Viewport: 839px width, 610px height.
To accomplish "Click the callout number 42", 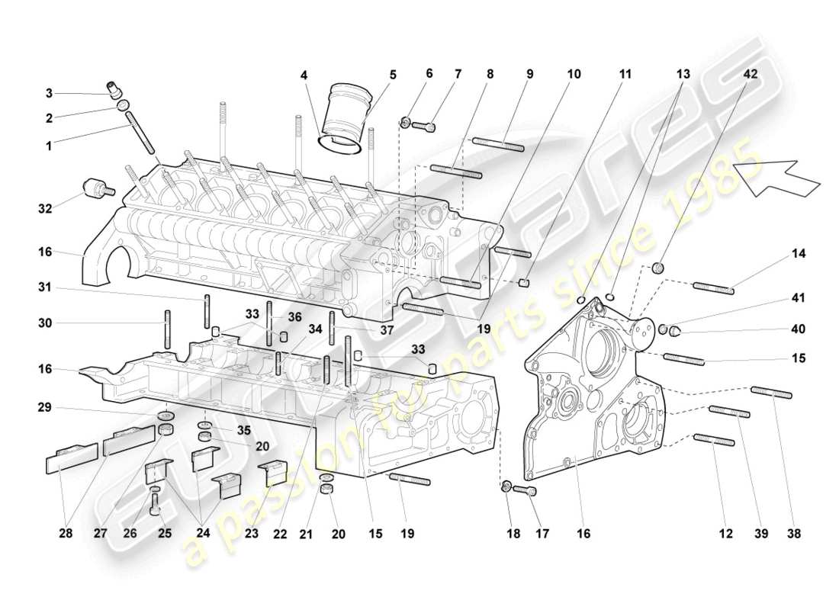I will coord(751,75).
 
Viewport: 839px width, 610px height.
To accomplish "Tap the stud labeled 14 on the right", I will coord(714,287).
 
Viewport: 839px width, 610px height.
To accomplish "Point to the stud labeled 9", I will coord(497,144).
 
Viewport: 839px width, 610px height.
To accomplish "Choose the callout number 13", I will coord(683,75).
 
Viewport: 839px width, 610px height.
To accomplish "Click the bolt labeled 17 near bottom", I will coord(526,490).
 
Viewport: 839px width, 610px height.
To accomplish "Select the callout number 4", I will coord(304,75).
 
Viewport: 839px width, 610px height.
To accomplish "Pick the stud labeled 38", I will coord(771,393).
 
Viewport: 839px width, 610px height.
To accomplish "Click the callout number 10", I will coord(574,75).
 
